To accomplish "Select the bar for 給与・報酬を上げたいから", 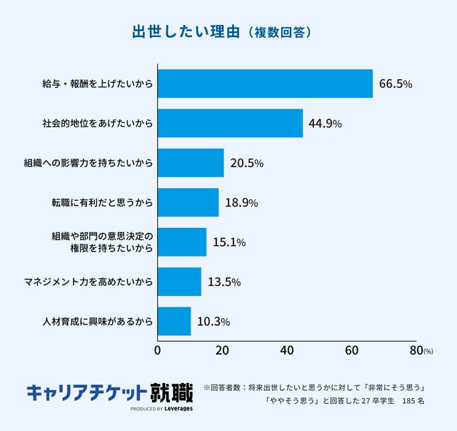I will pyautogui.click(x=265, y=84).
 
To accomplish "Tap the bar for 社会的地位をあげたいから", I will pyautogui.click(x=230, y=123).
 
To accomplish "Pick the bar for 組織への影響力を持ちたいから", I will pyautogui.click(x=191, y=163).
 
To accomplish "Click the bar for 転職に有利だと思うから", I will pyautogui.click(x=188, y=202).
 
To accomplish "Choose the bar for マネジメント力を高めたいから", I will pyautogui.click(x=179, y=282).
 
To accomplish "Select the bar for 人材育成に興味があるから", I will pyautogui.click(x=174, y=321).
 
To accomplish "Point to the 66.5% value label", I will pyautogui.click(x=396, y=84).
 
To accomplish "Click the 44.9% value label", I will pyautogui.click(x=325, y=124).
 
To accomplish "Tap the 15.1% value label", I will pyautogui.click(x=229, y=242).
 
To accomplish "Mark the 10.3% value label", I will pyautogui.click(x=214, y=322).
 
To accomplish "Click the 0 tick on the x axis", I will pyautogui.click(x=158, y=350).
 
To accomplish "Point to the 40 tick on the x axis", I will pyautogui.click(x=287, y=350).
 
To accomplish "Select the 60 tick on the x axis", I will pyautogui.click(x=352, y=350).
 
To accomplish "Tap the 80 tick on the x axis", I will pyautogui.click(x=416, y=350).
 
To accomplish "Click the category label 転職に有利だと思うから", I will pyautogui.click(x=97, y=203).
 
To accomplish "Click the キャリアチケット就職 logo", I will pyautogui.click(x=109, y=392).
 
